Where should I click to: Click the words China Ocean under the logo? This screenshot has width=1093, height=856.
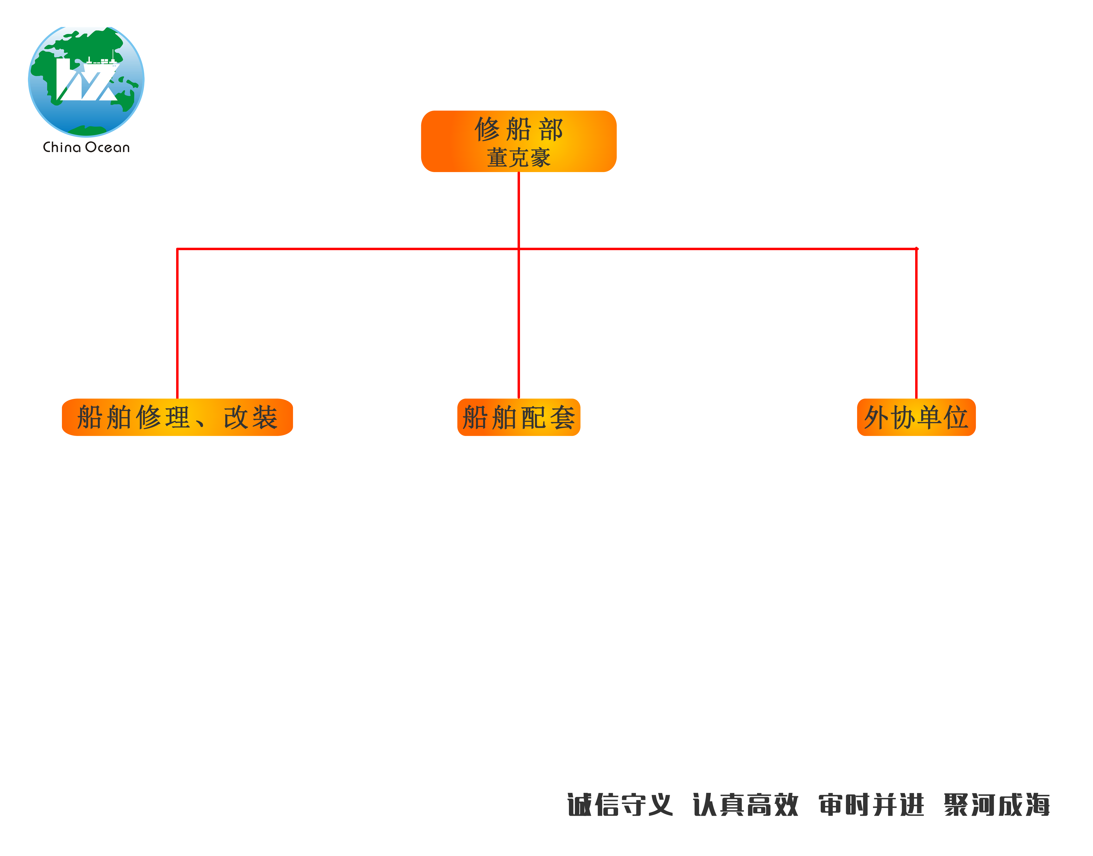[x=86, y=147]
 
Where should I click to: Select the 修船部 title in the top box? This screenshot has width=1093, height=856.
[x=519, y=129]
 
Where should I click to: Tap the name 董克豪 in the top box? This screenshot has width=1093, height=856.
[x=519, y=158]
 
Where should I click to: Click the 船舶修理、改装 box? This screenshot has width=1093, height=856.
[x=177, y=417]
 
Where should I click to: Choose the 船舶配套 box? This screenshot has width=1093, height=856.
[x=519, y=417]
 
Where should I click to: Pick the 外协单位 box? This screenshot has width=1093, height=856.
[x=916, y=417]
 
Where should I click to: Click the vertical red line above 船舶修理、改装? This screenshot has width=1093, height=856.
[x=177, y=323]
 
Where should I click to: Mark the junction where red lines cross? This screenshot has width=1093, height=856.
[x=519, y=248]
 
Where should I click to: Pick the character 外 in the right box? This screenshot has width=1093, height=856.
[x=876, y=417]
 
